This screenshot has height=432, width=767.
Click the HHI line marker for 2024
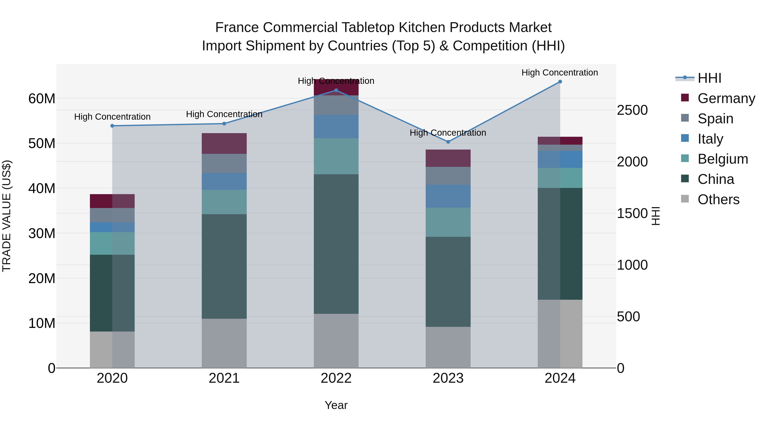560,82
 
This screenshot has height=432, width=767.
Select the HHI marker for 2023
448,142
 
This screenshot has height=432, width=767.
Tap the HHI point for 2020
112,126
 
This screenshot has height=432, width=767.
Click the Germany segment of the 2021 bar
224,143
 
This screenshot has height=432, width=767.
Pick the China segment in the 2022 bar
336,244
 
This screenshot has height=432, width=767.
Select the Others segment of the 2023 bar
448,347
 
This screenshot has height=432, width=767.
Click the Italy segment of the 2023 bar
448,196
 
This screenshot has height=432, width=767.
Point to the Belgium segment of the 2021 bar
224,202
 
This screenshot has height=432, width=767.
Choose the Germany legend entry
726,98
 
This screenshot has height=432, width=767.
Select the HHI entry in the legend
709,78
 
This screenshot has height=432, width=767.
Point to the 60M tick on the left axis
42,98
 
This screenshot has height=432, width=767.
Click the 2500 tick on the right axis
632,110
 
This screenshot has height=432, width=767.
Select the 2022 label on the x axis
336,378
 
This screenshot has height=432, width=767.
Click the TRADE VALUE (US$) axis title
7,216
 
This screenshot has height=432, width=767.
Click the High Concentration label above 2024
559,73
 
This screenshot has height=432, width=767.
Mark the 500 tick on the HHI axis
628,317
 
